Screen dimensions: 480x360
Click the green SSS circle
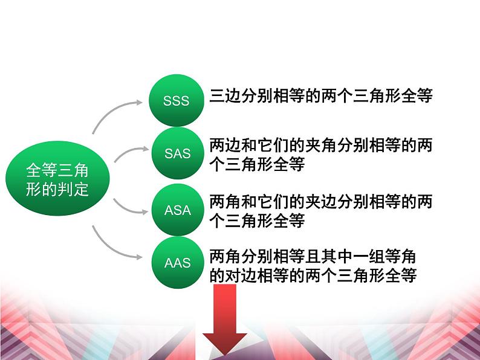point(177,100)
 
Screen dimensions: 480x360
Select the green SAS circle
point(178,153)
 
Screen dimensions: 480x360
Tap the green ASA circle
point(178,210)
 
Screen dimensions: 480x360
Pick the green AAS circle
point(178,263)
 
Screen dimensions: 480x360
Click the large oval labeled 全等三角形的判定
point(57,178)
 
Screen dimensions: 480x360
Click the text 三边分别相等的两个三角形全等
point(321,95)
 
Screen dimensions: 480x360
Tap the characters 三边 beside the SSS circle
point(225,95)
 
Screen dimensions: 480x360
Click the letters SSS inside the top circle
point(177,101)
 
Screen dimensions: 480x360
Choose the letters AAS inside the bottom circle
point(178,263)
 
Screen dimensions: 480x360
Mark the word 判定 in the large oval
point(73,189)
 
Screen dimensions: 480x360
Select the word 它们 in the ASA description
point(273,202)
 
